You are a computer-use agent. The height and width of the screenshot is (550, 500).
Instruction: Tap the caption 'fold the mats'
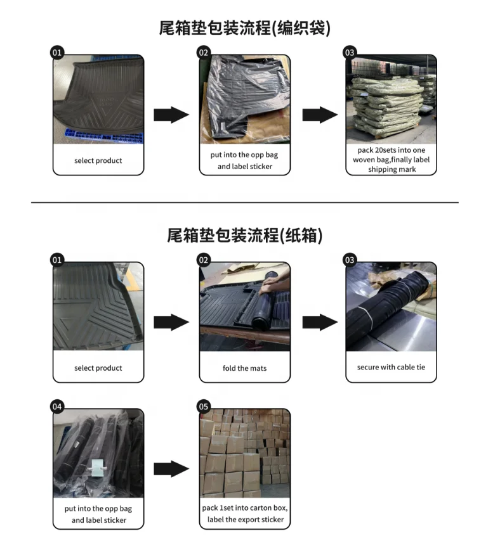click(x=244, y=368)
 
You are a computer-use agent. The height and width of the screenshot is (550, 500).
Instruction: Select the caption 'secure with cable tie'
click(x=391, y=368)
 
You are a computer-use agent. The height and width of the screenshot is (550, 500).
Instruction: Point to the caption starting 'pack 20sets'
click(x=391, y=160)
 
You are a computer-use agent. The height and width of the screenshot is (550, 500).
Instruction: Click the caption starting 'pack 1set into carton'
click(x=244, y=514)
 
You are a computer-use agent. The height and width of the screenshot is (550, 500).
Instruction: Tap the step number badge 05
click(x=204, y=406)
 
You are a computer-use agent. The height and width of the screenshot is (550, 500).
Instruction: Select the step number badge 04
click(x=57, y=406)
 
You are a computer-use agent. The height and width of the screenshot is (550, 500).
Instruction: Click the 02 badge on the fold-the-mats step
click(x=204, y=260)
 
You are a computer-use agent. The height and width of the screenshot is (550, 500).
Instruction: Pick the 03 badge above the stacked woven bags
click(x=350, y=53)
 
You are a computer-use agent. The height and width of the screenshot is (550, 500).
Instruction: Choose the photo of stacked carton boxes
click(x=244, y=453)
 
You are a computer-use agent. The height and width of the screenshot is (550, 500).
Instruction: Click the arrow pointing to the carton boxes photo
click(x=171, y=469)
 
